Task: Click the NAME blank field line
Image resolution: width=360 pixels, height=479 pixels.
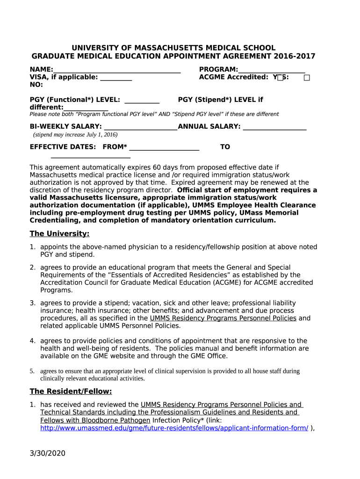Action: coord(117,71)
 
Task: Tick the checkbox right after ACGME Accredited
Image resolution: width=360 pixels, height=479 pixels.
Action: coord(280,78)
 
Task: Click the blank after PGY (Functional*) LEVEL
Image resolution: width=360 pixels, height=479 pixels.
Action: coord(142,101)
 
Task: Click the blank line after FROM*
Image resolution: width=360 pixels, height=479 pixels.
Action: coord(164,148)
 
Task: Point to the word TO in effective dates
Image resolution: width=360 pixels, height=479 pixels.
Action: coord(225,147)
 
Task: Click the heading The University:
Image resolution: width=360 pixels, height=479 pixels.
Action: coord(59,233)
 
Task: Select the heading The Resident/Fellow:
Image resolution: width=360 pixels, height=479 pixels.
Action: coord(71,392)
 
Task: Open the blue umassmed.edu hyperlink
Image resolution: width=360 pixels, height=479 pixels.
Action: coord(174,428)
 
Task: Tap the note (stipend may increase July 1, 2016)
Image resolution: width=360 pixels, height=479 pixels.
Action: coord(75,135)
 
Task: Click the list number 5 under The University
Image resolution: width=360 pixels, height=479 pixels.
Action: coord(32,371)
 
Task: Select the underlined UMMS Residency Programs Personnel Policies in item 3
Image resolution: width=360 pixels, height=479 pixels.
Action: coord(223,318)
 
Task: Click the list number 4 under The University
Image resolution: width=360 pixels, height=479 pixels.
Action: coord(33,341)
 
